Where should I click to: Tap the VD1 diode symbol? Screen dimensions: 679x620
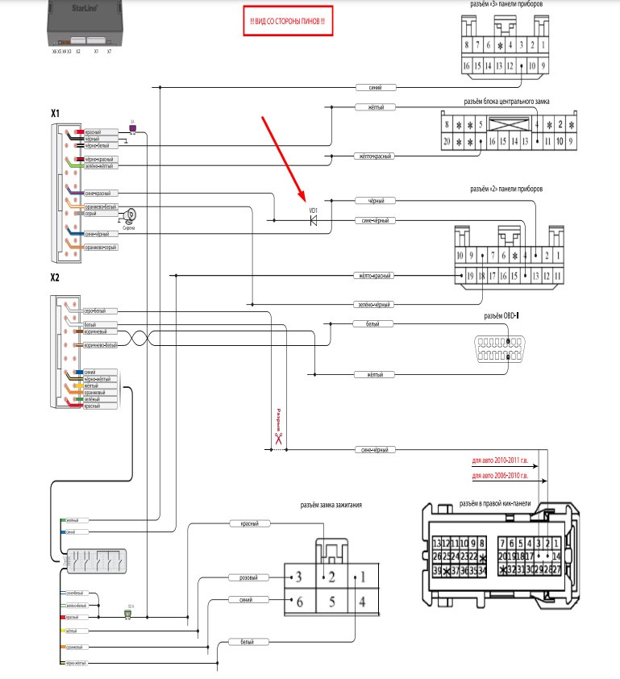tap(314, 219)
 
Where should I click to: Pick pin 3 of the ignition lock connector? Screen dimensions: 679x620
tap(298, 577)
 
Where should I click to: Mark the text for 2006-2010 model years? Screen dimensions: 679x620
tap(500, 477)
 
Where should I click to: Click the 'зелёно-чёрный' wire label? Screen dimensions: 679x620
tap(374, 305)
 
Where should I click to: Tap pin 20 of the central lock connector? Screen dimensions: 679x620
tap(446, 141)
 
